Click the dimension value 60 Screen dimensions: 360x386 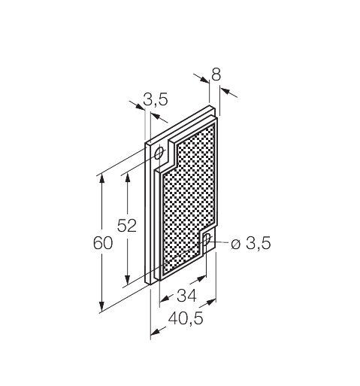coord(103,243)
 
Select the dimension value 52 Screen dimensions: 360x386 coord(127,226)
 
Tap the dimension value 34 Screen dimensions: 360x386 coord(186,296)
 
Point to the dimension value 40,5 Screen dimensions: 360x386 coord(186,319)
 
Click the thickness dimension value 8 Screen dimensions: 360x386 coord(216,74)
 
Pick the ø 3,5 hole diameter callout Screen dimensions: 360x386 coord(251,243)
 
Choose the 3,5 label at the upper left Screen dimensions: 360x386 coord(156,99)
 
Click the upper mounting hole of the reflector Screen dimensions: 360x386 coord(159,153)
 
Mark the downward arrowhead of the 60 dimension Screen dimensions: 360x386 coord(101,306)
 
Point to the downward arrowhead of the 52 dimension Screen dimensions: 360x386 coord(128,280)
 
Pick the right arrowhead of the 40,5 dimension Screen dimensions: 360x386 coord(211,302)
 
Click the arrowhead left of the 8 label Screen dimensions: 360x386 coord(204,80)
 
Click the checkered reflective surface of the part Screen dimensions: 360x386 coord(189,198)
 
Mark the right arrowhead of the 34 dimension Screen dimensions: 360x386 coord(201,278)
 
